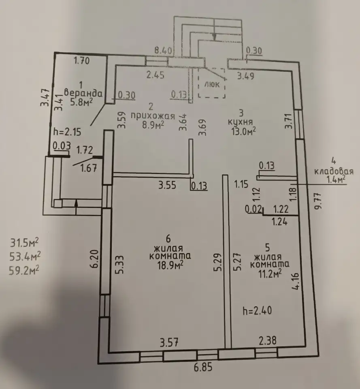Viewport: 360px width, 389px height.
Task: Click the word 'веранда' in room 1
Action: click(x=83, y=93)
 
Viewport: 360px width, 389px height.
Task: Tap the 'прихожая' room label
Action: click(x=153, y=116)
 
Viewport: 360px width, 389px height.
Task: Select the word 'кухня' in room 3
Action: click(x=240, y=122)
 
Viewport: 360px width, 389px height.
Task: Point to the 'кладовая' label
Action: click(x=334, y=171)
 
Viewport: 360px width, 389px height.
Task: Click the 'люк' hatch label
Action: click(x=212, y=84)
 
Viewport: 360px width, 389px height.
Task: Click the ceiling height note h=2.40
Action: click(x=257, y=310)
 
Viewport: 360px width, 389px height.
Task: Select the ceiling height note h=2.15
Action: click(x=67, y=131)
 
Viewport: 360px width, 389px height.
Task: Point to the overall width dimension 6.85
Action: click(x=203, y=367)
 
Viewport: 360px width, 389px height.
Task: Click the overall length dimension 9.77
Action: click(x=318, y=201)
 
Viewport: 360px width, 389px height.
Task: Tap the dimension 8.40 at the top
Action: click(x=163, y=51)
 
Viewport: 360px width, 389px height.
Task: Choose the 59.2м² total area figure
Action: click(x=24, y=270)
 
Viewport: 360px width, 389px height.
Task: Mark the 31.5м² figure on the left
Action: click(x=24, y=243)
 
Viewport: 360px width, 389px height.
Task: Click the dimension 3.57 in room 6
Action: click(x=169, y=343)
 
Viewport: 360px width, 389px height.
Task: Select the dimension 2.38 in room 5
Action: click(x=268, y=341)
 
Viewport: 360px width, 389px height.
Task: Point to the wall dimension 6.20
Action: click(x=94, y=259)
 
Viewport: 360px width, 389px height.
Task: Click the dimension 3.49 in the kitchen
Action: click(x=246, y=76)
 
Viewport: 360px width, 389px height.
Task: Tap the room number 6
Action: click(x=168, y=239)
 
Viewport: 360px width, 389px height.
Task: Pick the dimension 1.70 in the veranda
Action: click(x=82, y=60)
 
